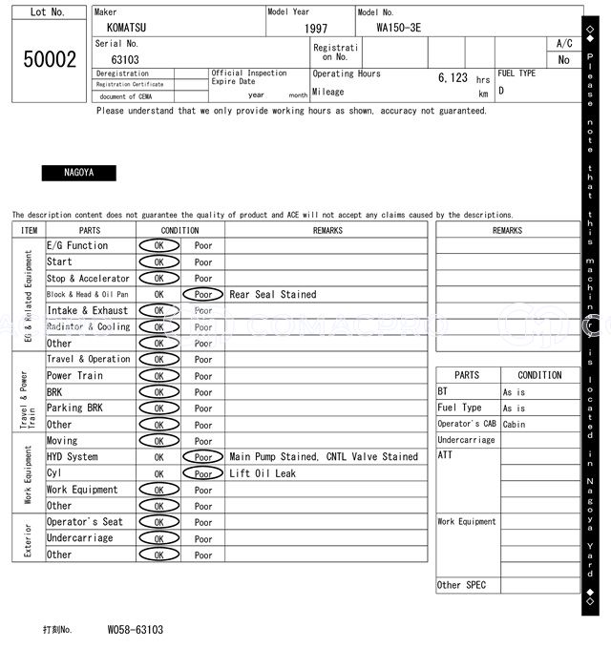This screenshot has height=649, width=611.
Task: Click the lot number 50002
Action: pyautogui.click(x=50, y=59)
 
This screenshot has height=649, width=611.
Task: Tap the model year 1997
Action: pyautogui.click(x=316, y=29)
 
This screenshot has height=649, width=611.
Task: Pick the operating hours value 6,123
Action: pyautogui.click(x=453, y=78)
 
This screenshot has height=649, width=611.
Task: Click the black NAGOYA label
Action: pyautogui.click(x=78, y=173)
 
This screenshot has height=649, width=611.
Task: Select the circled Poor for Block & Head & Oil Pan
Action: pyautogui.click(x=202, y=295)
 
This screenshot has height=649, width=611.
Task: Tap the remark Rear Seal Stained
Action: pyautogui.click(x=272, y=295)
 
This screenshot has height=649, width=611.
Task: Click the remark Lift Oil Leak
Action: pyautogui.click(x=263, y=473)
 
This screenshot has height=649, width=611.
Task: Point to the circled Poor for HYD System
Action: pyautogui.click(x=202, y=457)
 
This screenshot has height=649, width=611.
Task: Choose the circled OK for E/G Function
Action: pyautogui.click(x=158, y=246)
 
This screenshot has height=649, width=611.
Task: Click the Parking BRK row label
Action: pyautogui.click(x=77, y=408)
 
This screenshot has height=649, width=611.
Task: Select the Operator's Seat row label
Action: pyautogui.click(x=85, y=522)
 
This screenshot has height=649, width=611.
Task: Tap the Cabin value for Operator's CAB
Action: pyautogui.click(x=514, y=425)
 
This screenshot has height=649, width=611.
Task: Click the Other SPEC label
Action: pyautogui.click(x=461, y=585)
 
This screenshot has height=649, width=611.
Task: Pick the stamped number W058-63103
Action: pyautogui.click(x=135, y=630)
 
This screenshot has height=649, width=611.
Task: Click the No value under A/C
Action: pyautogui.click(x=563, y=59)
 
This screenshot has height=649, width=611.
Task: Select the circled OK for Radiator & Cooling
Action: pyautogui.click(x=158, y=327)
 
